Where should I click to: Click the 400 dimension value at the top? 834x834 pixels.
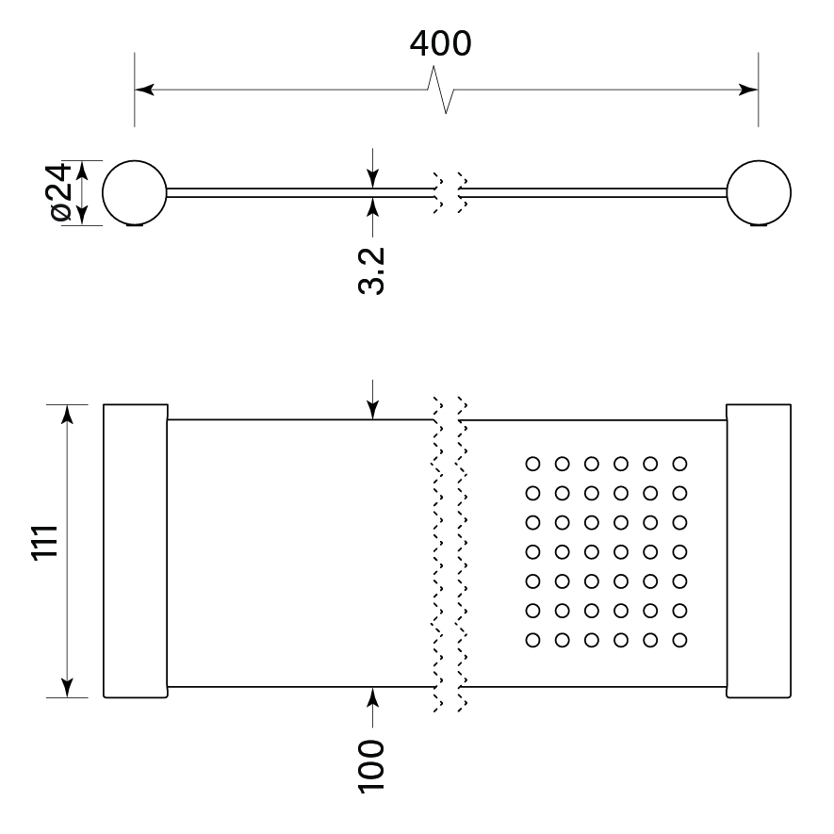440,43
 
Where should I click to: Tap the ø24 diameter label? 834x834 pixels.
58,193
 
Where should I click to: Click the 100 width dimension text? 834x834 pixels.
373,764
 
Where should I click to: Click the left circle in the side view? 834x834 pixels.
135,192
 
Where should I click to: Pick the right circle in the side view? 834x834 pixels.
760,192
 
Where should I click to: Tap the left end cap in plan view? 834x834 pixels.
135,551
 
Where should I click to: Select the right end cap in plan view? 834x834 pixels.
760,551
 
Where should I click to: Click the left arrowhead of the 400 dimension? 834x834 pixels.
144,90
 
